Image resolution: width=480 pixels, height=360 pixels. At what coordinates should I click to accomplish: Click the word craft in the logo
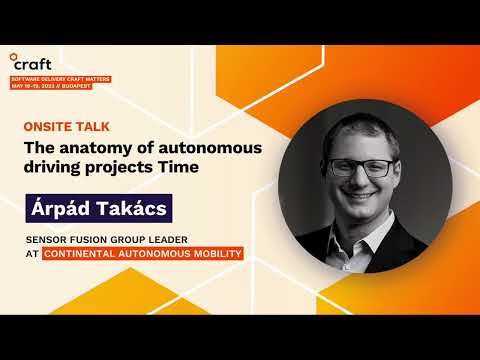38,64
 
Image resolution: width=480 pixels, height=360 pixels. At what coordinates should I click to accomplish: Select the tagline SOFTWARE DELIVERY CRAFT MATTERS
61,77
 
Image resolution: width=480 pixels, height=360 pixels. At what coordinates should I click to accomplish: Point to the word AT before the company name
30,254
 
